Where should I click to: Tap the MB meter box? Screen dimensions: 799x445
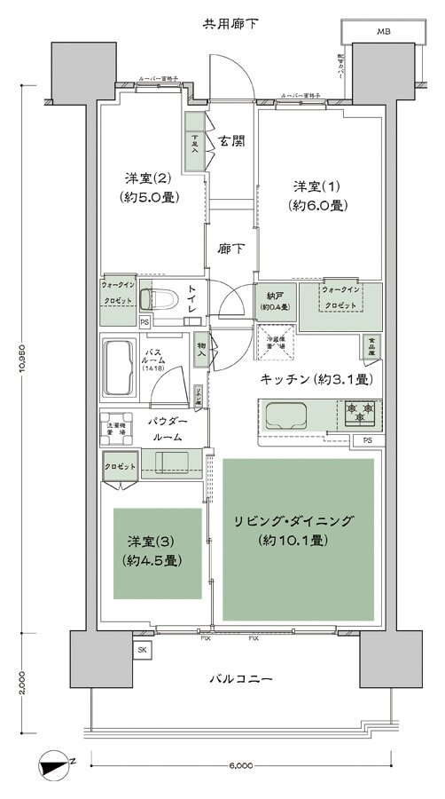(382, 32)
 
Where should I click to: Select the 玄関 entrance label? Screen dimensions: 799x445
(231, 140)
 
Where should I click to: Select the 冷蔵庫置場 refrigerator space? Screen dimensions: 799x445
(273, 339)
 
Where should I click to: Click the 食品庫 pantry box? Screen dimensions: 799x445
(371, 344)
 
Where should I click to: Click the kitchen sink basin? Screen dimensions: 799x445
(285, 414)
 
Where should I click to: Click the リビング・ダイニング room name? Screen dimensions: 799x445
(302, 521)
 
